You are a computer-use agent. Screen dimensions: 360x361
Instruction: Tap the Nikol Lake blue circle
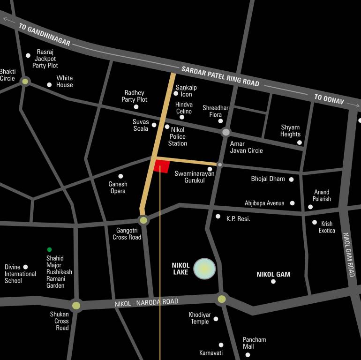(205, 269)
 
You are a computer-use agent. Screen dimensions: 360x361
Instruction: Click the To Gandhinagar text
(45, 35)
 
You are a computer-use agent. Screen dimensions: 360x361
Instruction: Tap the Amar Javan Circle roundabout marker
(226, 132)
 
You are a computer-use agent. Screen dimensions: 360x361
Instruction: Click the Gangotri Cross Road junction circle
(143, 220)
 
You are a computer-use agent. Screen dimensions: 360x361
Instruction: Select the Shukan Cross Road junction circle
(76, 306)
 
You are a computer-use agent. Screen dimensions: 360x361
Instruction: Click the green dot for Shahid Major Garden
(49, 249)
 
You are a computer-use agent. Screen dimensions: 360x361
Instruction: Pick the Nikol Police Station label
(178, 136)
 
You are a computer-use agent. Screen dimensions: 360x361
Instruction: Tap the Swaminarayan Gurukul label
(194, 177)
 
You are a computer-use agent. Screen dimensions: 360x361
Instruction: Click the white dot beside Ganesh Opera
(120, 176)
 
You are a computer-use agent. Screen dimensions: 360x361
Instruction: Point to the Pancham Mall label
(254, 343)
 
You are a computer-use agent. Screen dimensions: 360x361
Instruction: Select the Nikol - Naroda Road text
(146, 302)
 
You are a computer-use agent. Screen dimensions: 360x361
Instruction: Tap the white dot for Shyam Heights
(300, 142)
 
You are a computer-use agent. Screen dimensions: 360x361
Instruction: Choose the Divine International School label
(20, 274)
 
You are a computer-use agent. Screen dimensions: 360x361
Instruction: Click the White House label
(65, 82)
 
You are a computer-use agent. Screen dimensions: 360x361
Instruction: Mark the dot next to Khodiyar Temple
(216, 319)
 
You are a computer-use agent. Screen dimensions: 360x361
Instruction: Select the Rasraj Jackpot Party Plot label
(45, 59)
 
